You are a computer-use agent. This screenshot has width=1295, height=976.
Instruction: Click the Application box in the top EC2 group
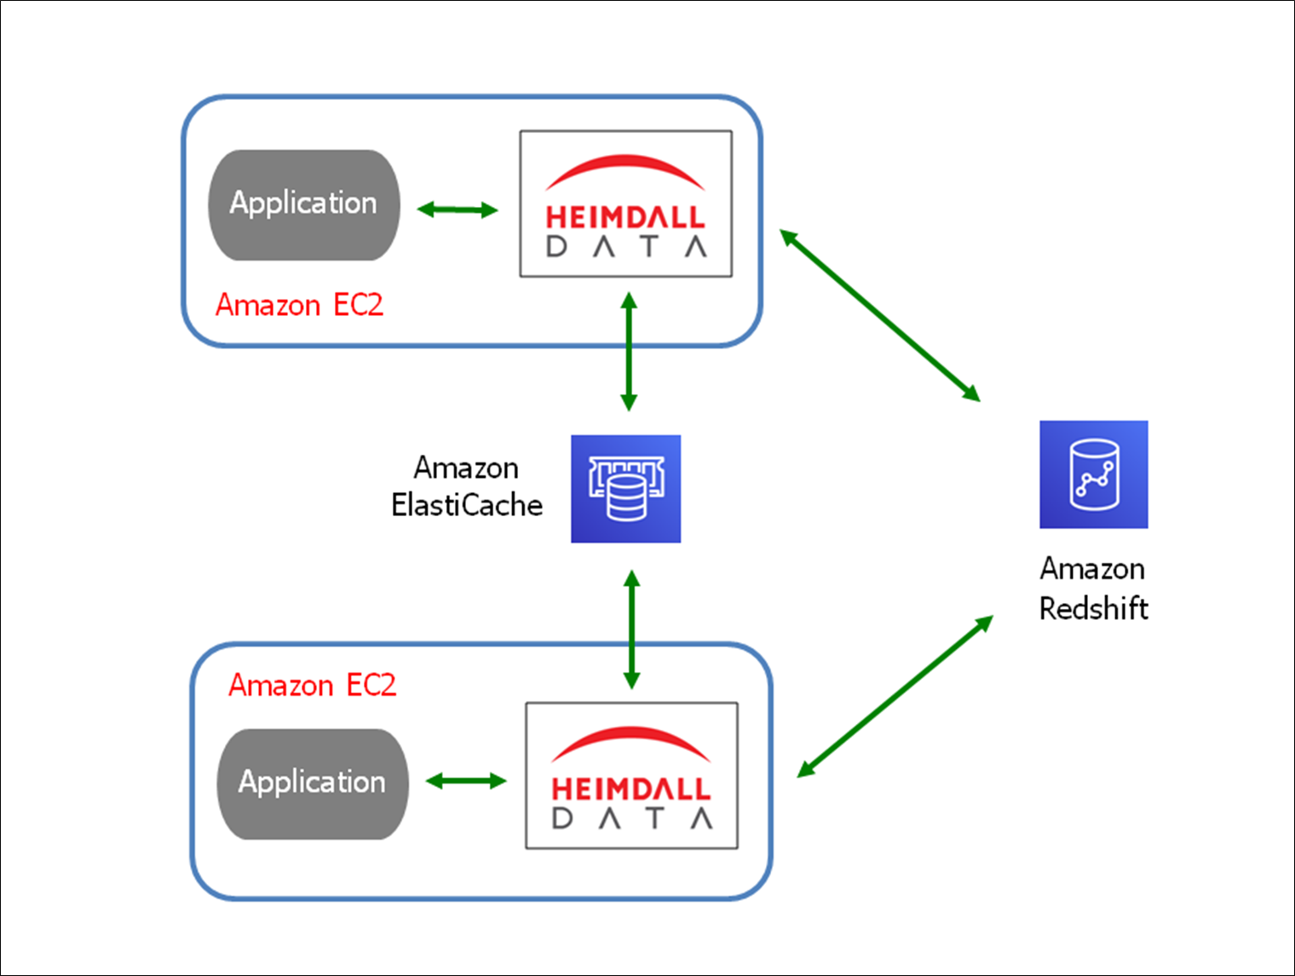pos(303,204)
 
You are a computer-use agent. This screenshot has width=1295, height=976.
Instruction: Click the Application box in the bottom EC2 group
pos(313,784)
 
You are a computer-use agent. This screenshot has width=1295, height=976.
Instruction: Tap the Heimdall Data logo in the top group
pos(626,204)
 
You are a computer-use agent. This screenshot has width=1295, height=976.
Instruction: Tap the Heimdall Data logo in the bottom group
pos(631,776)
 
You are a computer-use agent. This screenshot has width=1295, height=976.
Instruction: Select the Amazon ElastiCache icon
pos(625,489)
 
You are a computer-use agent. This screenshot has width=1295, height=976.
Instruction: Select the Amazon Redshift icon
pos(1093,474)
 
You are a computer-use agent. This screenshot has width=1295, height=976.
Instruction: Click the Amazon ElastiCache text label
pos(467,486)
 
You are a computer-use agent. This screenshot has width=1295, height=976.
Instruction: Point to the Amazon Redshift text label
pos(1093,588)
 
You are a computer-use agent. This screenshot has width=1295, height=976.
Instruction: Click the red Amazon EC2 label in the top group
pos(299,305)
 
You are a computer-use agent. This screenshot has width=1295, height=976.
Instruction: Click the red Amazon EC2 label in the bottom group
pos(312,686)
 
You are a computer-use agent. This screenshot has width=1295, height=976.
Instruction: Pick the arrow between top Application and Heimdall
pos(458,210)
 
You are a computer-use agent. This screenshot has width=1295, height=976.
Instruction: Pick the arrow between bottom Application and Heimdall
pos(466,781)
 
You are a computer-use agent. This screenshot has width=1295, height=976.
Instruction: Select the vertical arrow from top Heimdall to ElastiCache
pos(629,352)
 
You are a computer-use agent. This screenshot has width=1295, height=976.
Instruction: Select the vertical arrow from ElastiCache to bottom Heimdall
pos(631,629)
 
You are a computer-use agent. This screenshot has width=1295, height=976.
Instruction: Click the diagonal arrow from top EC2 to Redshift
pos(880,315)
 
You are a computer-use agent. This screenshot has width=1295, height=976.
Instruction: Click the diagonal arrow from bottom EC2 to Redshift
pos(895,697)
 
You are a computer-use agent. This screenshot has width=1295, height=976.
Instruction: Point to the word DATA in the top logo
pos(626,247)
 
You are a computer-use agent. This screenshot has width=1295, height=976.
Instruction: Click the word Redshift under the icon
pos(1093,609)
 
